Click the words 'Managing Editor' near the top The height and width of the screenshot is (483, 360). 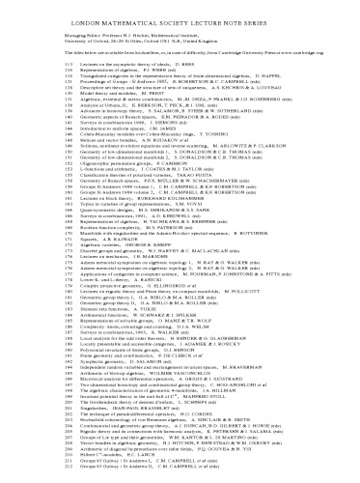point(67,32)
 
